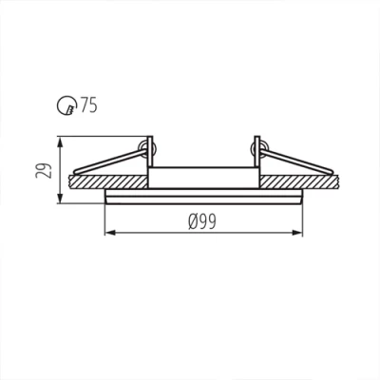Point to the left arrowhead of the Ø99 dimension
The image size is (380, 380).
106,232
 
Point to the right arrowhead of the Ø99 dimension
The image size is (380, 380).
300,232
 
